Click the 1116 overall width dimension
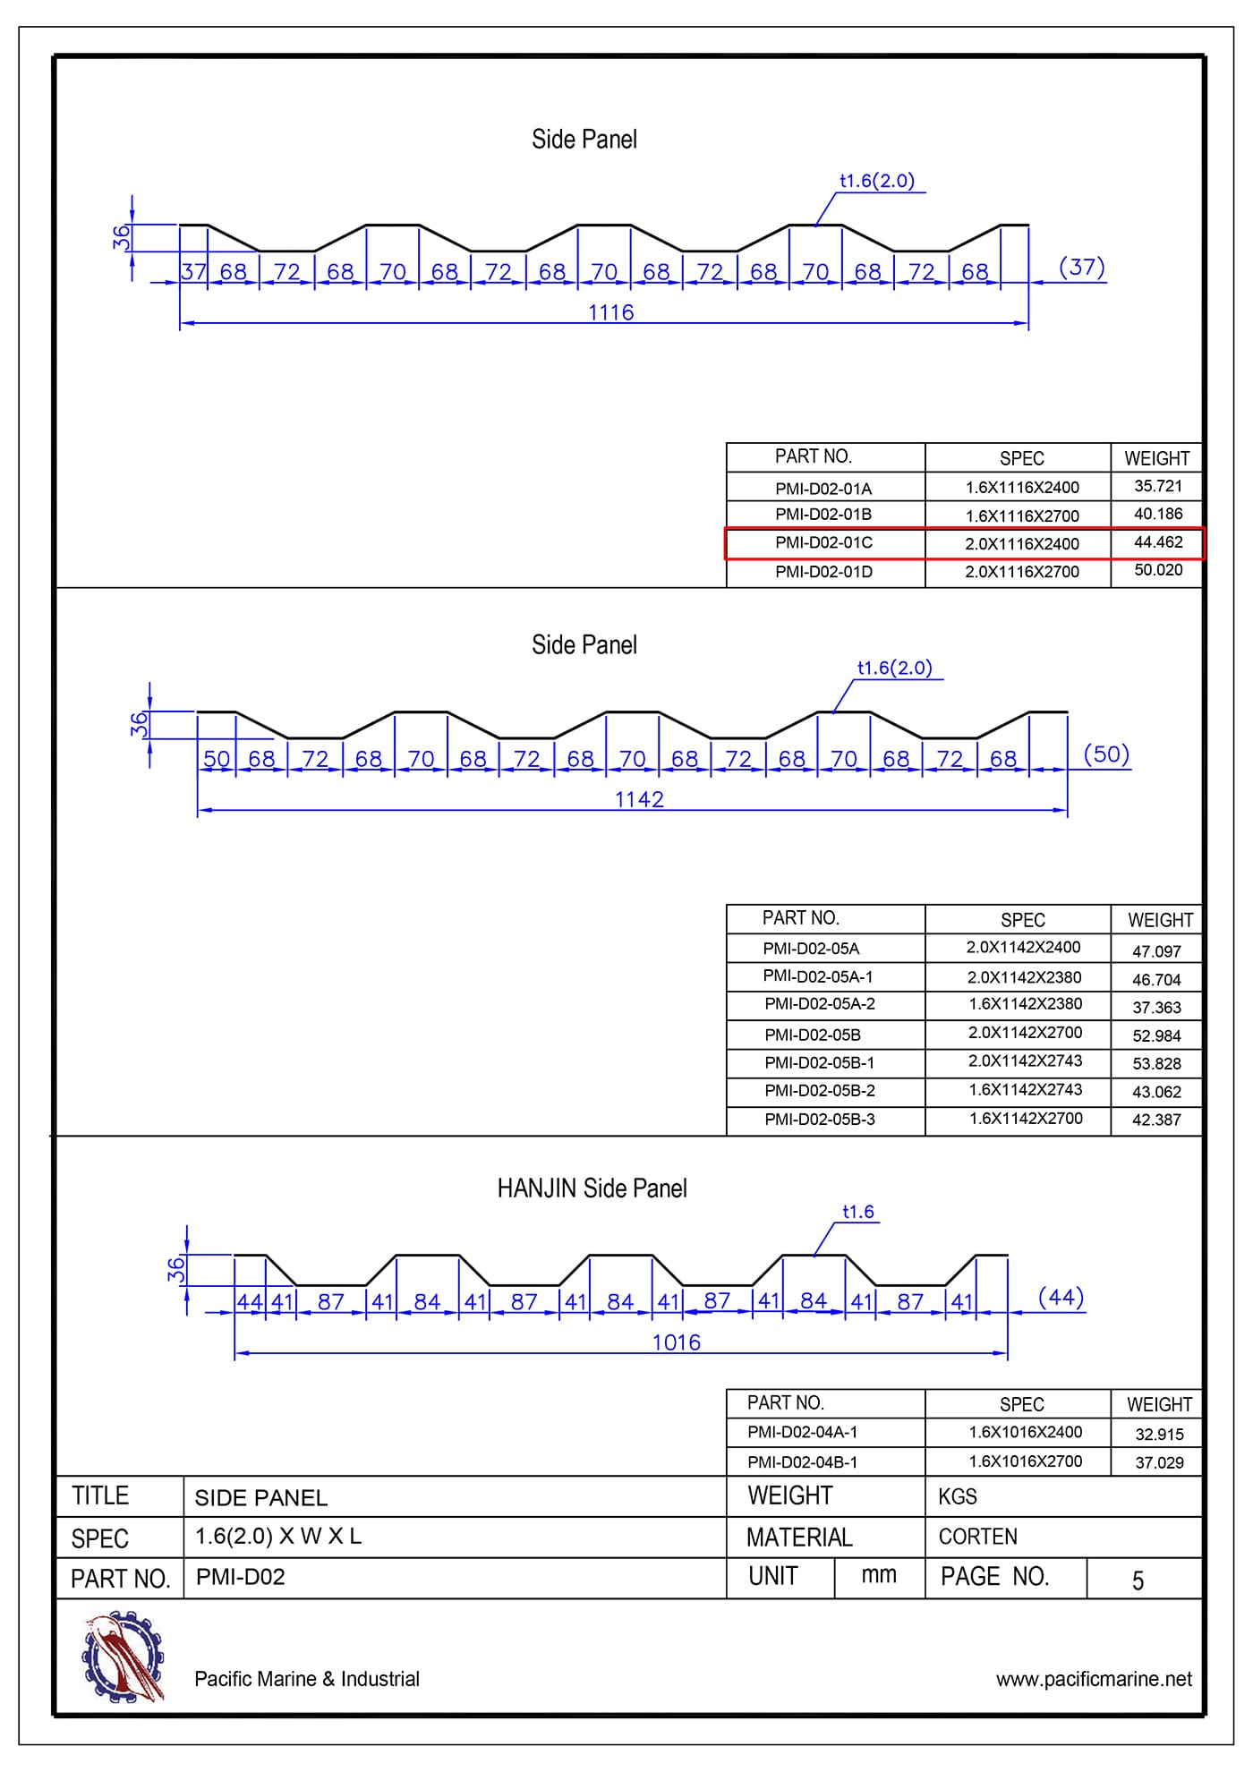[x=610, y=312]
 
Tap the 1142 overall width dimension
[x=639, y=799]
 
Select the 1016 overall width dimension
[x=676, y=1342]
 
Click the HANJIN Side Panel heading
[x=592, y=1188]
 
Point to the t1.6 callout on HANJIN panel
[x=857, y=1212]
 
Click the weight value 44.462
[x=1158, y=542]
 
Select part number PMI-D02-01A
[x=823, y=489]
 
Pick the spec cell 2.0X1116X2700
[x=1021, y=572]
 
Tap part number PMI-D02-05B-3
[x=819, y=1120]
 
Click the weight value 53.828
[x=1156, y=1063]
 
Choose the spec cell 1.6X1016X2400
[x=1025, y=1432]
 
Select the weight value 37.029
[x=1159, y=1462]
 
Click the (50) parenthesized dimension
[x=1106, y=754]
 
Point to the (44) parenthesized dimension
[x=1061, y=1297]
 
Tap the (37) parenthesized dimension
[x=1081, y=267]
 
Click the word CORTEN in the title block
[x=977, y=1537]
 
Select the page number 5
[x=1138, y=1580]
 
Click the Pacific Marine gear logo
[x=124, y=1657]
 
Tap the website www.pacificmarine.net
[x=1094, y=1679]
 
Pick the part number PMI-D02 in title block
[x=240, y=1577]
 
